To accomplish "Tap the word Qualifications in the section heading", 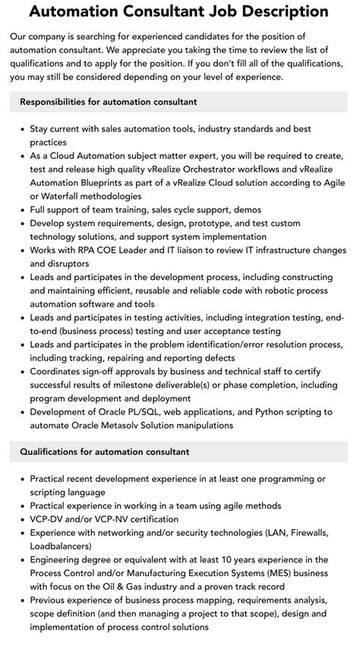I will coord(53,452).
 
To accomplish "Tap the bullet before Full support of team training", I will coord(21,210).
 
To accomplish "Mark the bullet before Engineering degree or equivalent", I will coord(21,560).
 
